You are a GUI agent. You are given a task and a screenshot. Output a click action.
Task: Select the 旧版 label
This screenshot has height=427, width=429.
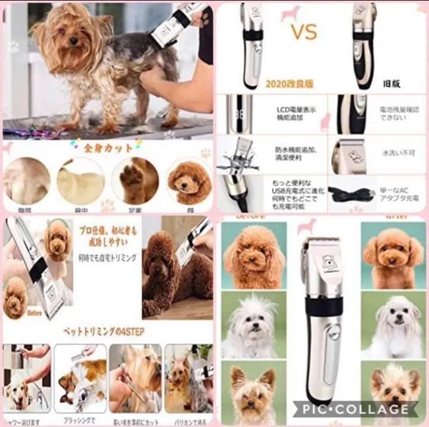391,84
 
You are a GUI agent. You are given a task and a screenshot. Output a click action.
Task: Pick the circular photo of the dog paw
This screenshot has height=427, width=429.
135,180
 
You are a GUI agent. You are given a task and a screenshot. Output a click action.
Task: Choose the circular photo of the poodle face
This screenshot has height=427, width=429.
188,180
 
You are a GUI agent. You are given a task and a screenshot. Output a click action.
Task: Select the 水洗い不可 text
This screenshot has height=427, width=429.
397,153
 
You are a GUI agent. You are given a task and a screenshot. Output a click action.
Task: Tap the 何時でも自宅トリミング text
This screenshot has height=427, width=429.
108,258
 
